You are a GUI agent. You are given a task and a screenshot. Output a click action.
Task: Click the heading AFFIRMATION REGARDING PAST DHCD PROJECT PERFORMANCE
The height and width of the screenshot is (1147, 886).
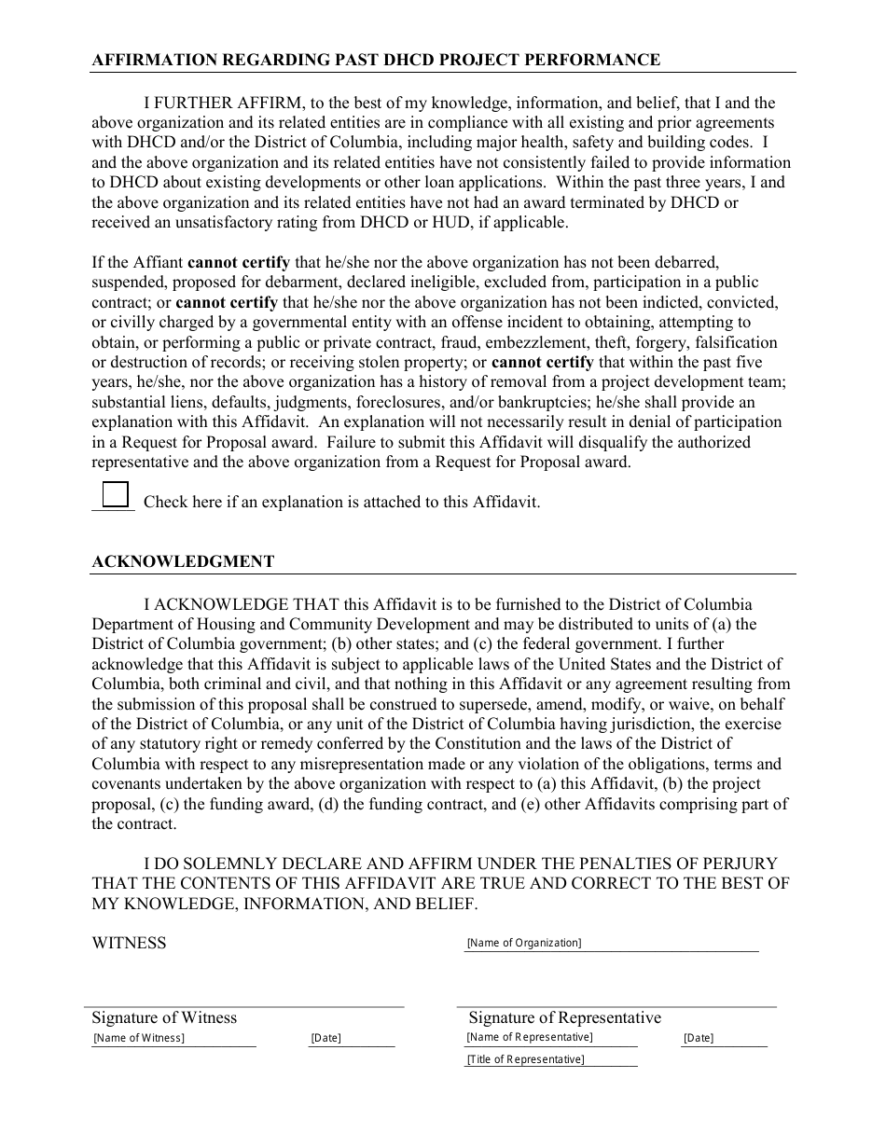pos(376,60)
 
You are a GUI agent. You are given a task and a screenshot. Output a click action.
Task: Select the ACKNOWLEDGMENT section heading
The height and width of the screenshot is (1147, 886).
pos(183,561)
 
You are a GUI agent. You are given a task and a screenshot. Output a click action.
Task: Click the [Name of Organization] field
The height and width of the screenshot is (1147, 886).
pos(612,944)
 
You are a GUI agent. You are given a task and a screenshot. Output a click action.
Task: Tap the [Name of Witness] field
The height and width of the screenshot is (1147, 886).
pos(173,1039)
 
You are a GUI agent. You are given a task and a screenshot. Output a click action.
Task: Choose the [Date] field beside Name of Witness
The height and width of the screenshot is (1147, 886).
pos(352,1039)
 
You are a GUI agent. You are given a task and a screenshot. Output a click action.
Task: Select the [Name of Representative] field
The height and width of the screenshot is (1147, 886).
pos(550,1038)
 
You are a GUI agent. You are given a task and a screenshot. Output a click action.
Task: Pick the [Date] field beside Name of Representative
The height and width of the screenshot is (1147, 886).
pos(724,1039)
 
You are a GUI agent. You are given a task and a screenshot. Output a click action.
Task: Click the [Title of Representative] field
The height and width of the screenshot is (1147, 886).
pos(550,1059)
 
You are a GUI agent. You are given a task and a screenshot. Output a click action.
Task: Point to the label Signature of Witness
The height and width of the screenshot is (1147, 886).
pos(164,1017)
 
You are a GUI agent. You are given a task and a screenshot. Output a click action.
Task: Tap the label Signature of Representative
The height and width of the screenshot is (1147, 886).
pos(564,1017)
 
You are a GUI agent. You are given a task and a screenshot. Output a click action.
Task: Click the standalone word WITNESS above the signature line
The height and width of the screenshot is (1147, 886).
pos(129,943)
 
